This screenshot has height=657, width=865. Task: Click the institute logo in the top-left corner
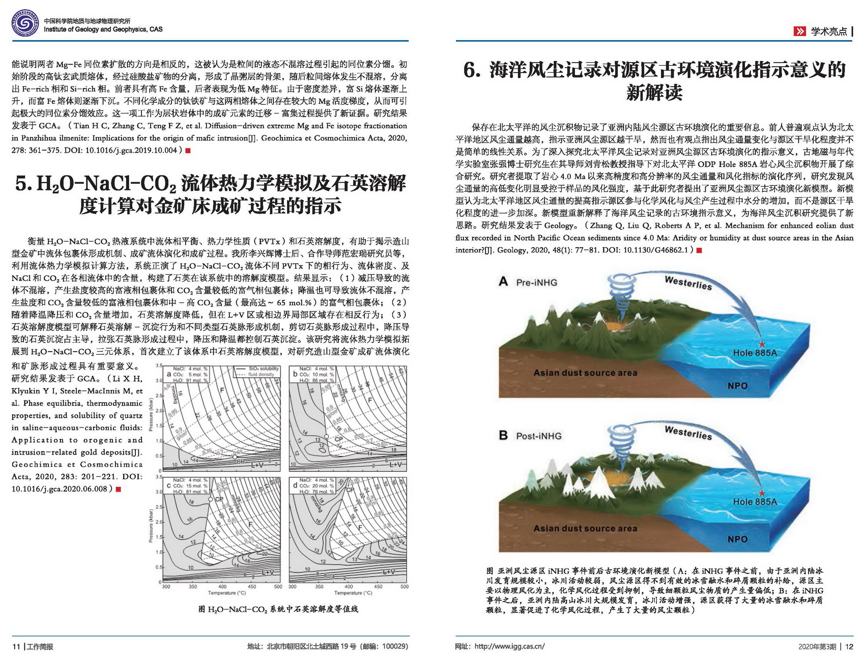click(x=24, y=23)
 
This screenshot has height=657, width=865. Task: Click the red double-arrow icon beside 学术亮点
click(x=799, y=31)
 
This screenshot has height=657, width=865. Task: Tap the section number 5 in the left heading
click(x=22, y=184)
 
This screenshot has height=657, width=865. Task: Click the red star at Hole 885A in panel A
click(x=762, y=345)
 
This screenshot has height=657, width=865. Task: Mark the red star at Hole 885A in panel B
click(x=762, y=493)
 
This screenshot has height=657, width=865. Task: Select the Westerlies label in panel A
click(x=688, y=282)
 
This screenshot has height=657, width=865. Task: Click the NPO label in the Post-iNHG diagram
click(x=737, y=539)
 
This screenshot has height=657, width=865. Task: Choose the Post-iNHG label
click(x=538, y=436)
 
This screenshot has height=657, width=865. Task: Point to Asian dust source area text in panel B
click(x=585, y=528)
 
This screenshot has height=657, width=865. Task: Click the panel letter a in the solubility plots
click(x=168, y=374)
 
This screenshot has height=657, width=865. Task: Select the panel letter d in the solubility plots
click(x=295, y=486)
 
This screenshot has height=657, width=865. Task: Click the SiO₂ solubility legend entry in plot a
click(x=263, y=368)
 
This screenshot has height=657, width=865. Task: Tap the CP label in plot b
click(x=338, y=439)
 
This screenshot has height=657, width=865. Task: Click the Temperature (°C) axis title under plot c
click(x=222, y=593)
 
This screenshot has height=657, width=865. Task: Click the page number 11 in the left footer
click(x=16, y=646)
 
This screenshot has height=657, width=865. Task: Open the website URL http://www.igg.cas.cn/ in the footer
click(x=509, y=646)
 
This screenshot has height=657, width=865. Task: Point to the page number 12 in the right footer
click(x=849, y=646)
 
